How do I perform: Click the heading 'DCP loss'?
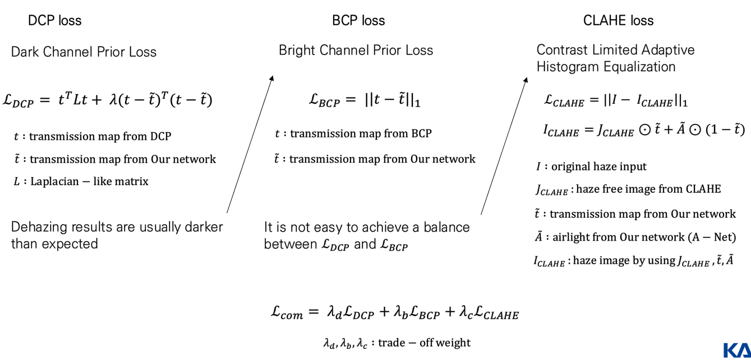[x=54, y=21]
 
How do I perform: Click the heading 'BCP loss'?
[x=358, y=21]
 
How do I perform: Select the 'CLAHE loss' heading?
[x=618, y=21]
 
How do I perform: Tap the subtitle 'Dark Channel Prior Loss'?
[x=84, y=52]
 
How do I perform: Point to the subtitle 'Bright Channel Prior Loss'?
[x=356, y=50]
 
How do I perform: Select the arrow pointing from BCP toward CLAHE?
[x=504, y=146]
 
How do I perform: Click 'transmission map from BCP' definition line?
[x=361, y=134]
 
